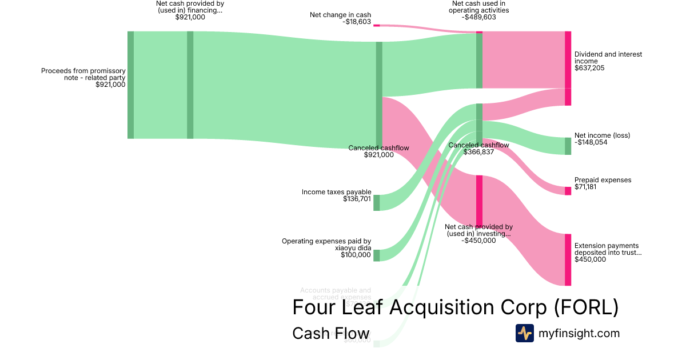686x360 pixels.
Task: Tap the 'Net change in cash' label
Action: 340,15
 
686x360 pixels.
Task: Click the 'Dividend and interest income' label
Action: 608,58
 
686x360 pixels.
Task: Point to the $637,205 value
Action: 589,68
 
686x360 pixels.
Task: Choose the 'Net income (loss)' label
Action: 603,135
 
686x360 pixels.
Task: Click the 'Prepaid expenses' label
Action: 603,180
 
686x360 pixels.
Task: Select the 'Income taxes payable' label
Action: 337,192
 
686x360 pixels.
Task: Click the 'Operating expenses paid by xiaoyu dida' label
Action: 326,245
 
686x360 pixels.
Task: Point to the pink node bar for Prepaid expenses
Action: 568,191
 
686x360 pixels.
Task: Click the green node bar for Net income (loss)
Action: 568,146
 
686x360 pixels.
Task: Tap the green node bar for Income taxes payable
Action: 377,203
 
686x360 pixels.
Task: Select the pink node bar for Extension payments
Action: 568,259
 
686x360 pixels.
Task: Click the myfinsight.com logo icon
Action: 524,333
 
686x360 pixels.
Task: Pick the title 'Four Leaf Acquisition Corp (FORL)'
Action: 455,307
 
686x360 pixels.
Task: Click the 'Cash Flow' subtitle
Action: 330,333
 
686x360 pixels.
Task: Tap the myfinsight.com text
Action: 579,333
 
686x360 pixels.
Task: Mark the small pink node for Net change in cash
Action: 377,25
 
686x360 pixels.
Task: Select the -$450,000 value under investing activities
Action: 478,241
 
